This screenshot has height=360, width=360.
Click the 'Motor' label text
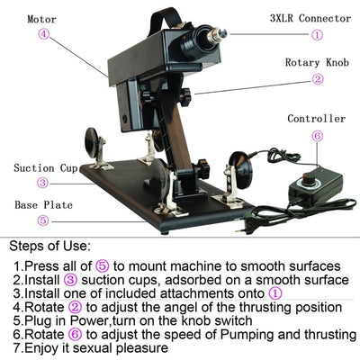(x=42, y=18)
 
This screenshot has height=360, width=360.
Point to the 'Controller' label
(x=316, y=118)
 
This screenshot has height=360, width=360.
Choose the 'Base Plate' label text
(x=43, y=204)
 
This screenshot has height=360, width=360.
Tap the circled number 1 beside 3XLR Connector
(x=317, y=35)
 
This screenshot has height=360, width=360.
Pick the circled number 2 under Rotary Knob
(x=317, y=79)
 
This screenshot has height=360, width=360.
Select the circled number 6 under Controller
(x=317, y=136)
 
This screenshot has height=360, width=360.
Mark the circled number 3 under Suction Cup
(x=43, y=184)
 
